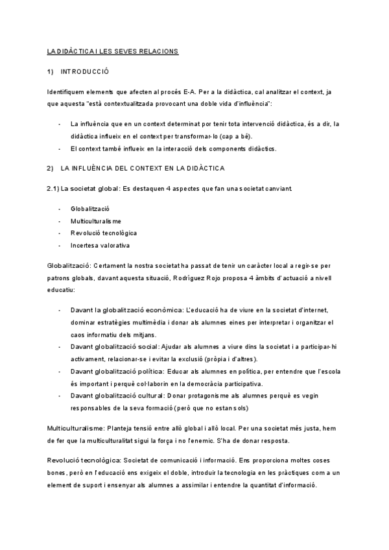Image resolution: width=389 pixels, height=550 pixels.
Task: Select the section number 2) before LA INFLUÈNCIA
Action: pyautogui.click(x=51, y=169)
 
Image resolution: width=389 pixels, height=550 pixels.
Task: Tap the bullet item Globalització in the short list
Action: pyautogui.click(x=90, y=209)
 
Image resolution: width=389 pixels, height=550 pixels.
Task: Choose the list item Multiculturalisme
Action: pyautogui.click(x=95, y=221)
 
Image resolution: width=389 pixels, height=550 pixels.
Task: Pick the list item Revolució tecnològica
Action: pyautogui.click(x=104, y=233)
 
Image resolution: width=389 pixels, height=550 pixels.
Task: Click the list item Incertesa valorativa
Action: pyautogui.click(x=100, y=245)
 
